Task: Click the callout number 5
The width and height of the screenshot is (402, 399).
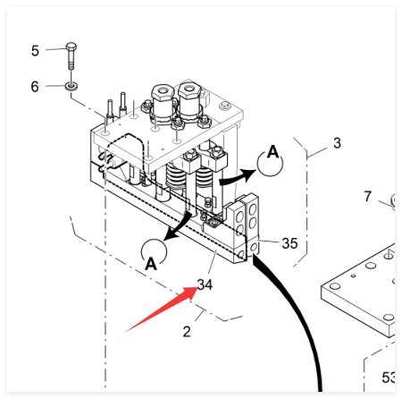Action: tap(35, 51)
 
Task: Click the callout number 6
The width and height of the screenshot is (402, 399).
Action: tap(35, 87)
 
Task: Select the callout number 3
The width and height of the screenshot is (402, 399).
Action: tap(337, 143)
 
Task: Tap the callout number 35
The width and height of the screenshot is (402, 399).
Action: tap(289, 243)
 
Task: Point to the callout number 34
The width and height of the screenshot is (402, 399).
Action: tap(205, 284)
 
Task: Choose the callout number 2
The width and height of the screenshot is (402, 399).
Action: tap(187, 332)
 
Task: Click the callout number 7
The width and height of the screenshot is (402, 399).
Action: tap(368, 197)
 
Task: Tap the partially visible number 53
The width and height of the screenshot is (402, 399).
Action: tap(389, 378)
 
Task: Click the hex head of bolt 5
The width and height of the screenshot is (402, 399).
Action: tap(71, 47)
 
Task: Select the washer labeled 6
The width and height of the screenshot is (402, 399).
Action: tap(71, 86)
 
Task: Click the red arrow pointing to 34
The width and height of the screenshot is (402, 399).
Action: tap(163, 309)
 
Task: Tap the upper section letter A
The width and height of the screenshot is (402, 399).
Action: tap(272, 152)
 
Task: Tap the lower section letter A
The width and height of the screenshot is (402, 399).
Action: tap(151, 264)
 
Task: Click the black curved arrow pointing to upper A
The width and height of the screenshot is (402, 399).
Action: tap(238, 178)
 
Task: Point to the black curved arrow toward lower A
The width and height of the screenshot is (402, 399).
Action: tap(179, 226)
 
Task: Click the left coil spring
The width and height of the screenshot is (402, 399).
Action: tap(176, 176)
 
